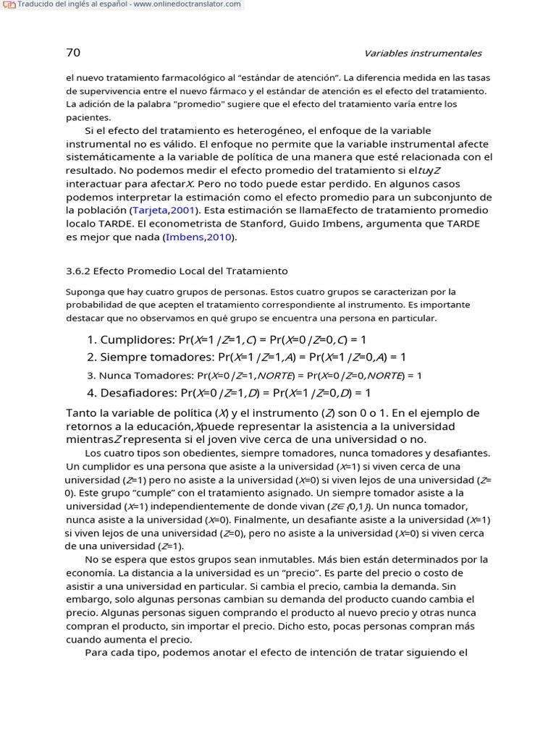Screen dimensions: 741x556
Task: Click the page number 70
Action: click(x=73, y=53)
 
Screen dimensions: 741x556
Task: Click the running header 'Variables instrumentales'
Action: click(x=423, y=54)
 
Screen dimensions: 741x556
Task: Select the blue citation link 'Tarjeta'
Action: click(x=150, y=210)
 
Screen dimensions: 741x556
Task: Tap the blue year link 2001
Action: click(x=182, y=210)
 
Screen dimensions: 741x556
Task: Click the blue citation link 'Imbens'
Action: click(x=185, y=237)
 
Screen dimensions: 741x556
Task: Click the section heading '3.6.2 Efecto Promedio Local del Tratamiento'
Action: click(x=177, y=271)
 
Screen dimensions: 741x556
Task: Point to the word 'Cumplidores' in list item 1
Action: click(x=132, y=339)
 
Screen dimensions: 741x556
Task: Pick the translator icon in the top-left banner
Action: click(x=8, y=5)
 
